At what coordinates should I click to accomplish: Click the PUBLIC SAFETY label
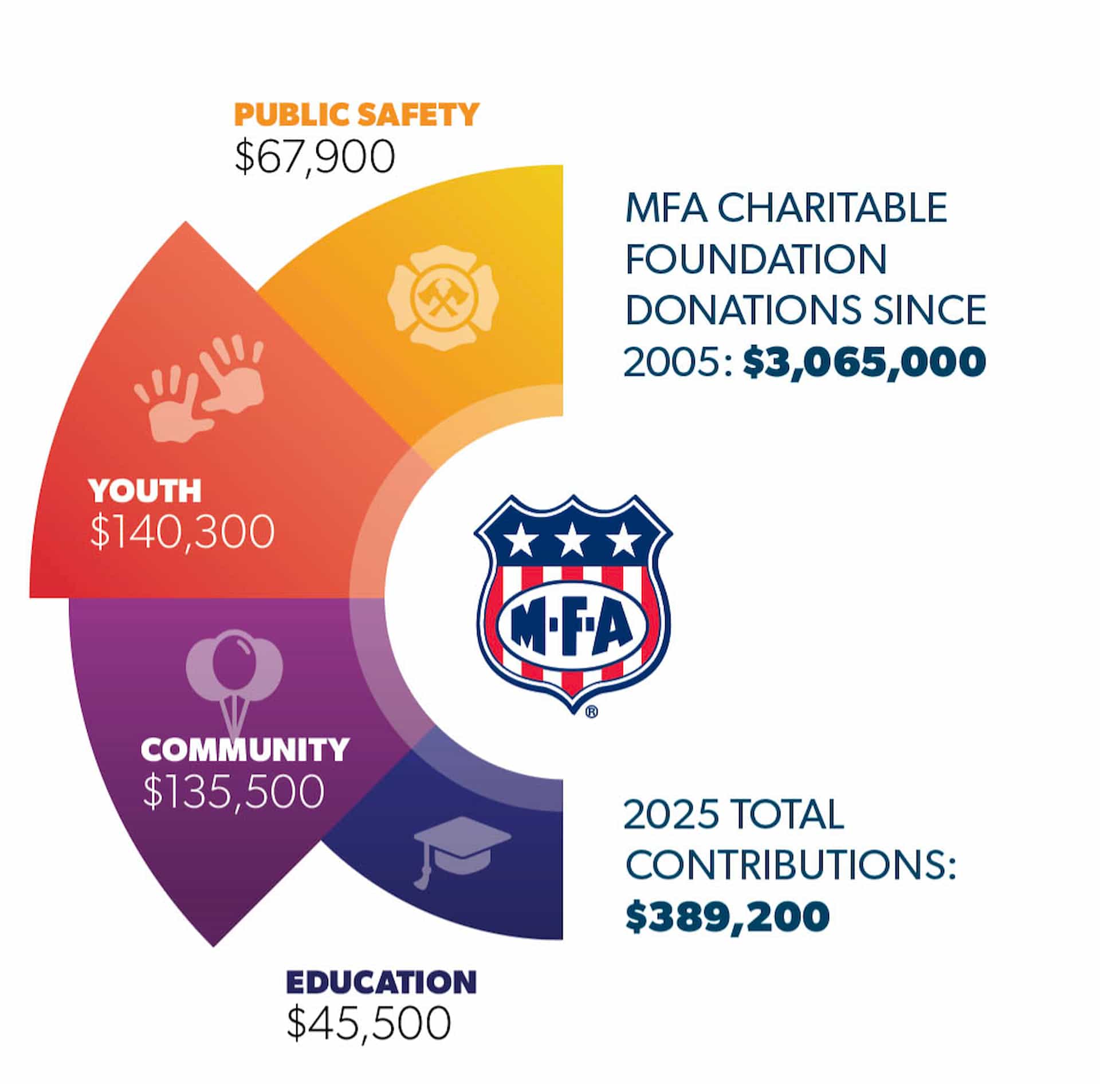tap(356, 115)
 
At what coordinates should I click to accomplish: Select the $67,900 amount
tap(315, 156)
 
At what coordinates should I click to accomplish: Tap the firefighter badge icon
tap(443, 298)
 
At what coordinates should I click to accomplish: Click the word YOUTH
tap(145, 490)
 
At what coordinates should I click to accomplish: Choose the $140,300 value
tap(182, 532)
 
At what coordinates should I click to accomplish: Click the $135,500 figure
tap(234, 792)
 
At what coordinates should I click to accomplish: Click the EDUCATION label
tap(381, 983)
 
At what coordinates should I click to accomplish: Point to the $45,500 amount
tap(368, 1024)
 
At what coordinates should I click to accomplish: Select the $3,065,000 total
tap(864, 362)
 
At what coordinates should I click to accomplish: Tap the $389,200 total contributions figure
tap(727, 916)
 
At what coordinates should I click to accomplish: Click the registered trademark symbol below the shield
tap(592, 712)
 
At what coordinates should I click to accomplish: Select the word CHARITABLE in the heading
tap(832, 208)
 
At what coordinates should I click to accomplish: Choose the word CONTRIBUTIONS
tap(790, 865)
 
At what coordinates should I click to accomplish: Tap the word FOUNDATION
tap(756, 259)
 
